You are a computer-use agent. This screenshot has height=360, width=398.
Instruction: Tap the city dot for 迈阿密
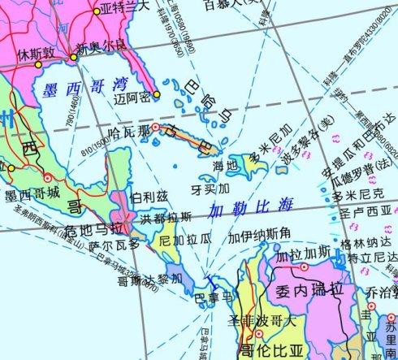pos(157,95)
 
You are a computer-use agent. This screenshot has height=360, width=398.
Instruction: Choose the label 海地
pos(226,166)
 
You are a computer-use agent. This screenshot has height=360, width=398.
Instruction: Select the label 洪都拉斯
pos(167,218)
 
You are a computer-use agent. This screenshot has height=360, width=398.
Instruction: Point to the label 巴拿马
pos(213,297)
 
